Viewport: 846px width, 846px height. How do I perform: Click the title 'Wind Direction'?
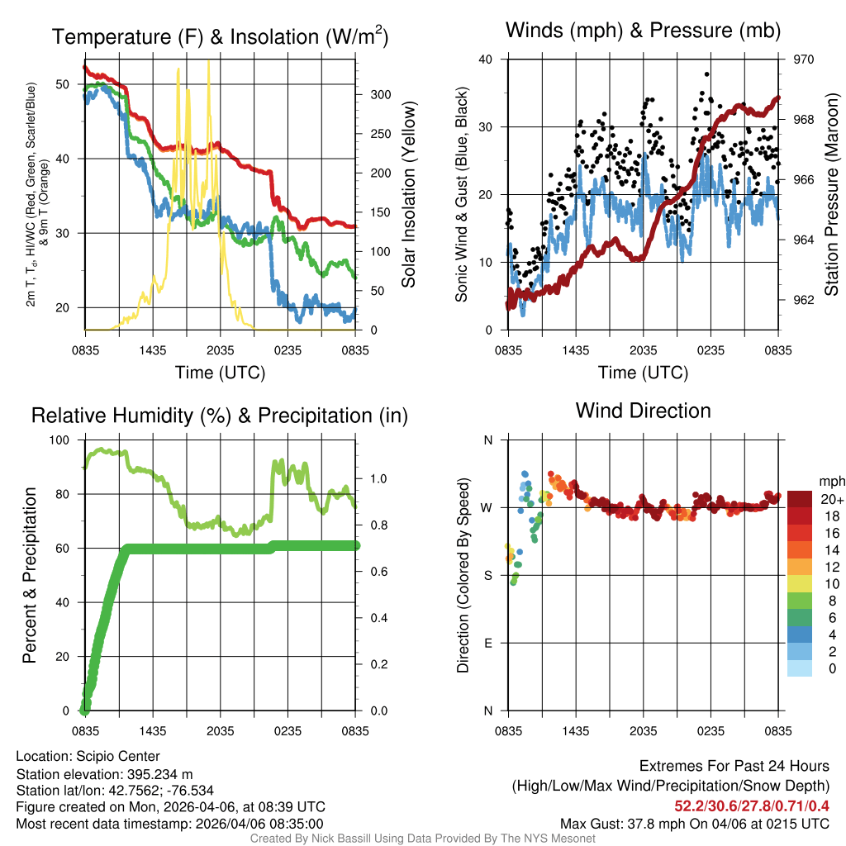coord(643,411)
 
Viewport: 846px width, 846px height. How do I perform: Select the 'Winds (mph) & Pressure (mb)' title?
coord(643,31)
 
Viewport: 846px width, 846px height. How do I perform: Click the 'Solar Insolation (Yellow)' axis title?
coord(409,195)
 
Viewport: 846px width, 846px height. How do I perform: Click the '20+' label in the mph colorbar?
coord(831,499)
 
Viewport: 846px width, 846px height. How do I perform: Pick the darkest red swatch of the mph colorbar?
coord(800,499)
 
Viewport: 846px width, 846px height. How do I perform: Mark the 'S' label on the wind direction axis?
coord(488,575)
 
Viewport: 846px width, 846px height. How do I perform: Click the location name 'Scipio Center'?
coord(116,756)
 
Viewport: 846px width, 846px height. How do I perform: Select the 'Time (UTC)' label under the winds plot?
coord(643,373)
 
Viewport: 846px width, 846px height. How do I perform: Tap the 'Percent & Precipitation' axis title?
coord(29,575)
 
